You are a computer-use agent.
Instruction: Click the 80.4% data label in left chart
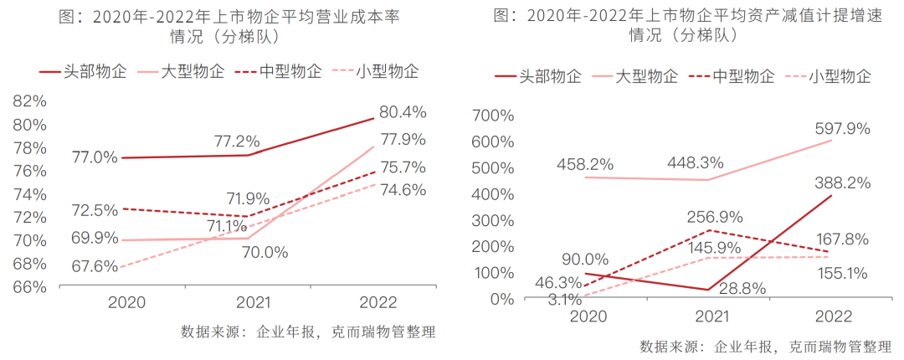(x=403, y=111)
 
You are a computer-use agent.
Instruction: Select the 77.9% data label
(x=403, y=139)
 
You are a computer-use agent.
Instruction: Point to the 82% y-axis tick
(x=29, y=101)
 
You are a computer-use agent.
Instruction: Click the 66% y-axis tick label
(x=29, y=286)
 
